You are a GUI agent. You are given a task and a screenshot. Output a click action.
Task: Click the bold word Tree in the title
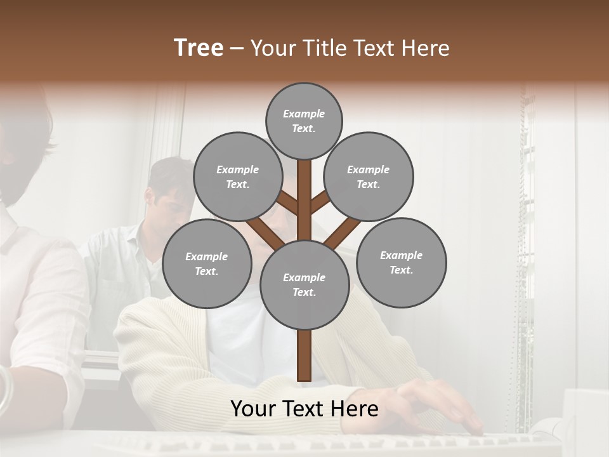pyautogui.click(x=199, y=48)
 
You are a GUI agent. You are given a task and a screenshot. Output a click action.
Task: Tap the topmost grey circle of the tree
pyautogui.click(x=304, y=121)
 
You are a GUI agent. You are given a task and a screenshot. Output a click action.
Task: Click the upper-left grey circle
pyautogui.click(x=237, y=176)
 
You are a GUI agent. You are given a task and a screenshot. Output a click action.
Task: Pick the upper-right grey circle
pyautogui.click(x=369, y=176)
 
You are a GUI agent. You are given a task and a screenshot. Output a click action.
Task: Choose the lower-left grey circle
pyautogui.click(x=207, y=263)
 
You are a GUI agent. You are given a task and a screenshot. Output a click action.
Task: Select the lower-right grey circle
pyautogui.click(x=401, y=262)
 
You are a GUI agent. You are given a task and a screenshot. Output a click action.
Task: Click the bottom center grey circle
pyautogui.click(x=304, y=284)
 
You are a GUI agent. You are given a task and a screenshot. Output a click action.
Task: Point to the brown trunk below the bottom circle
pyautogui.click(x=304, y=355)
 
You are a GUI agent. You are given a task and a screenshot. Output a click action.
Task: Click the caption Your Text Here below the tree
pyautogui.click(x=304, y=409)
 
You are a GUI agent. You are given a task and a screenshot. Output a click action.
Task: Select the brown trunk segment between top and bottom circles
pyautogui.click(x=304, y=200)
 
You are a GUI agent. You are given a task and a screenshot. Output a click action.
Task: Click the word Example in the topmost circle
pyautogui.click(x=304, y=114)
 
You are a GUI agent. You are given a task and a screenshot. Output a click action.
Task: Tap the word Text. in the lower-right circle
pyautogui.click(x=401, y=270)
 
